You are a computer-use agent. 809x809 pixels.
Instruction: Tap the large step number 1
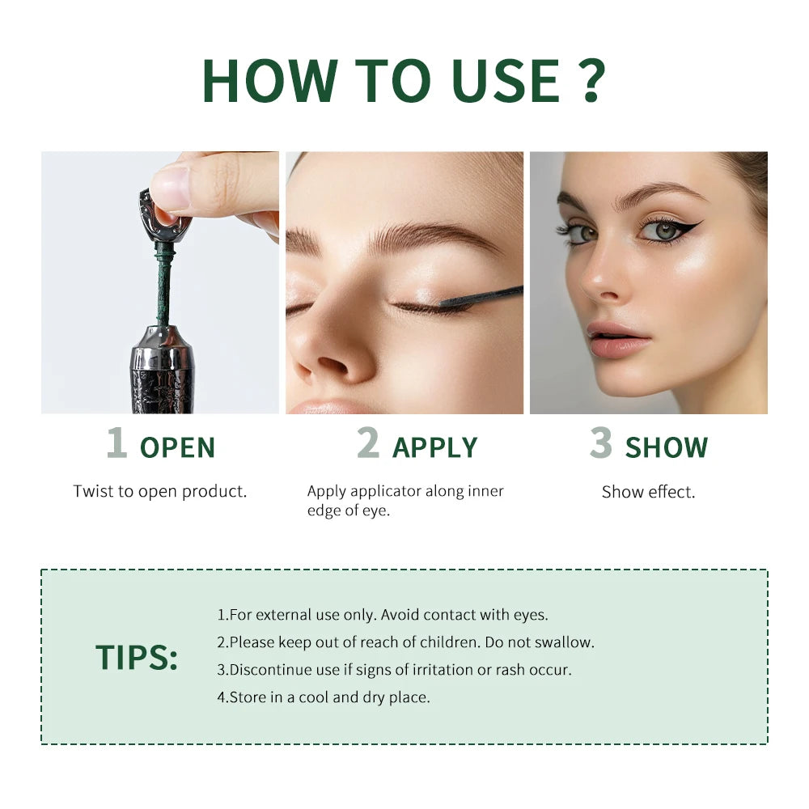click(116, 443)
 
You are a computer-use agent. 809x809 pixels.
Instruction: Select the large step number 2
click(368, 443)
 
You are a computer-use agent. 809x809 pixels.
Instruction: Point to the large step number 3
click(600, 443)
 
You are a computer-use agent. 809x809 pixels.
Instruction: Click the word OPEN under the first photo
click(177, 447)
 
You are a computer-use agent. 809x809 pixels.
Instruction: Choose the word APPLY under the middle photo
click(434, 447)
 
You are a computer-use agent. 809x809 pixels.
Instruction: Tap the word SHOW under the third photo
click(666, 447)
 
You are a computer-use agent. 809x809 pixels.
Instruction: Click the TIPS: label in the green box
click(136, 657)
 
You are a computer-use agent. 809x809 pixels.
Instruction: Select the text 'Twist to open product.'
click(160, 491)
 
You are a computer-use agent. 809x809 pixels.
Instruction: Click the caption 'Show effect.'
click(648, 492)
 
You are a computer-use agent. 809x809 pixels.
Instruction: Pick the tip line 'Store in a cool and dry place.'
click(324, 697)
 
